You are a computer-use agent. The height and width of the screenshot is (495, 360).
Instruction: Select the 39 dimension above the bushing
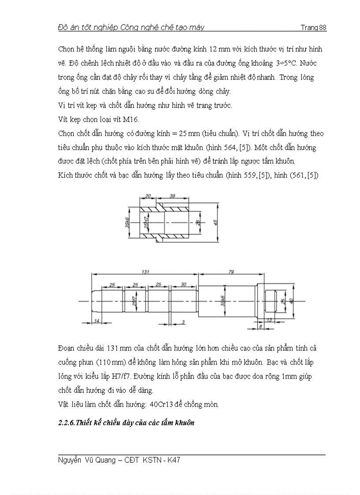click(172, 196)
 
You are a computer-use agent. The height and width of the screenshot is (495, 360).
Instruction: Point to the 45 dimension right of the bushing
click(216, 223)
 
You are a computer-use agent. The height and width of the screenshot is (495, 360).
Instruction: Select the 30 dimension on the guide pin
click(183, 285)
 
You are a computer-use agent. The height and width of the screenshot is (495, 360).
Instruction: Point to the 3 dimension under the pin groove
click(183, 322)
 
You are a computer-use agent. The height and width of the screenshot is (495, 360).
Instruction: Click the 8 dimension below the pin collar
click(261, 327)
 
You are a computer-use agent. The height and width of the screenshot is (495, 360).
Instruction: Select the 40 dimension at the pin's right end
click(291, 301)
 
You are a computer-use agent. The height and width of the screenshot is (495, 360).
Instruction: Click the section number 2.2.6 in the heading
click(66, 423)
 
